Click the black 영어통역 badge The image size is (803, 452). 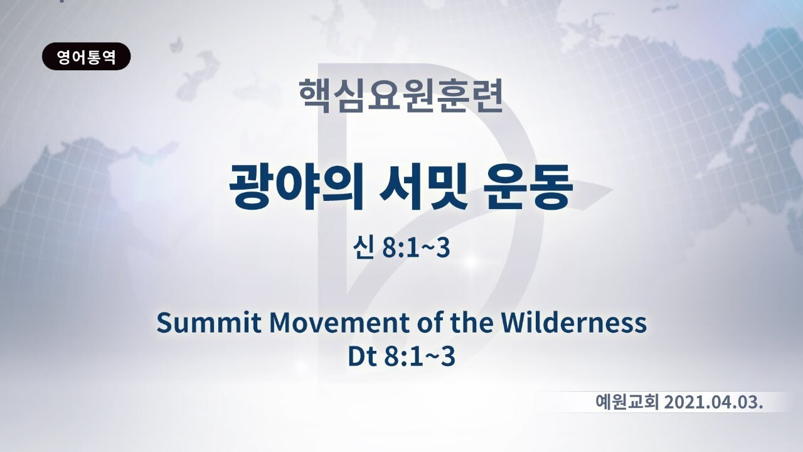click(87, 56)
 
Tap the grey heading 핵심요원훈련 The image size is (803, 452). click(401, 96)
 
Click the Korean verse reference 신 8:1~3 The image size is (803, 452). click(401, 248)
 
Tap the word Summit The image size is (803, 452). click(209, 322)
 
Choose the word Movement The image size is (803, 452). click(340, 322)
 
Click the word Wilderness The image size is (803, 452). click(573, 322)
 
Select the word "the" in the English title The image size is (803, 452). click(471, 322)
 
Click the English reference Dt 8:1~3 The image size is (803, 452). click(401, 356)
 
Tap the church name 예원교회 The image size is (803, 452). click(627, 402)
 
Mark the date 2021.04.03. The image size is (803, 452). click(713, 402)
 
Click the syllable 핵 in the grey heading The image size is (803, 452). click(315, 96)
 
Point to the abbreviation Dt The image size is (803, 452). click(362, 356)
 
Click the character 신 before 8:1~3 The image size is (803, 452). click(362, 248)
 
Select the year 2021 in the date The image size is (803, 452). click(684, 402)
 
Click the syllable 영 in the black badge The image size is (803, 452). click(63, 56)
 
